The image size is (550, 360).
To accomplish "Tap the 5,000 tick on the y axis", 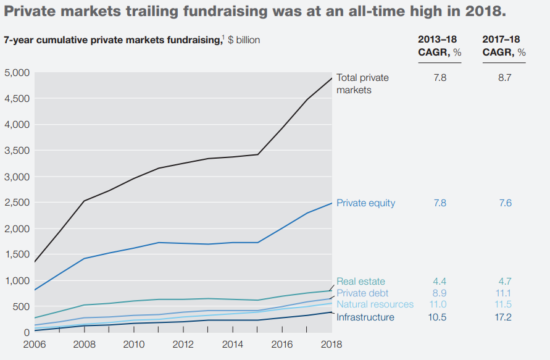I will tap(17, 73).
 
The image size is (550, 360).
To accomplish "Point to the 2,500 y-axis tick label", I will tap(17, 203).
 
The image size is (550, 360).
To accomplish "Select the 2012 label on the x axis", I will tap(183, 344).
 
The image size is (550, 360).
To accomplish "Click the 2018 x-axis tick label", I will tap(331, 344).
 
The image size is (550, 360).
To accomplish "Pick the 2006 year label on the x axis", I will tap(35, 344).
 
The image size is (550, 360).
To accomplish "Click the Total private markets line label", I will tap(362, 84).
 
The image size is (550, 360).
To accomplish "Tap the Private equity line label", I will tap(365, 203).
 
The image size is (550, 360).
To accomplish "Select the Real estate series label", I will tap(360, 282).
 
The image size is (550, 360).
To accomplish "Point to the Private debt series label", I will tap(362, 293).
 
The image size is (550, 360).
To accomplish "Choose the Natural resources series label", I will tap(375, 304).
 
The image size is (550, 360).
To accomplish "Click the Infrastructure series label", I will tap(365, 317).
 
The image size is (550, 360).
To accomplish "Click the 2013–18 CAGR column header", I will tap(440, 46).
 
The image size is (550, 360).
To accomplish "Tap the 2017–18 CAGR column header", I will tap(504, 46).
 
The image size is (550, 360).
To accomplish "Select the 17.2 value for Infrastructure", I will tap(504, 317).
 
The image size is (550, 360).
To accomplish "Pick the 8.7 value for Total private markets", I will tap(504, 78).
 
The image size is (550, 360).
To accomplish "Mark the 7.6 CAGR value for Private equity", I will tap(504, 203).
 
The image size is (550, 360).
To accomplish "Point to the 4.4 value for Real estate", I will tap(440, 282).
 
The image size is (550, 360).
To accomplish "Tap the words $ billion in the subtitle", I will tap(240, 40).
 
